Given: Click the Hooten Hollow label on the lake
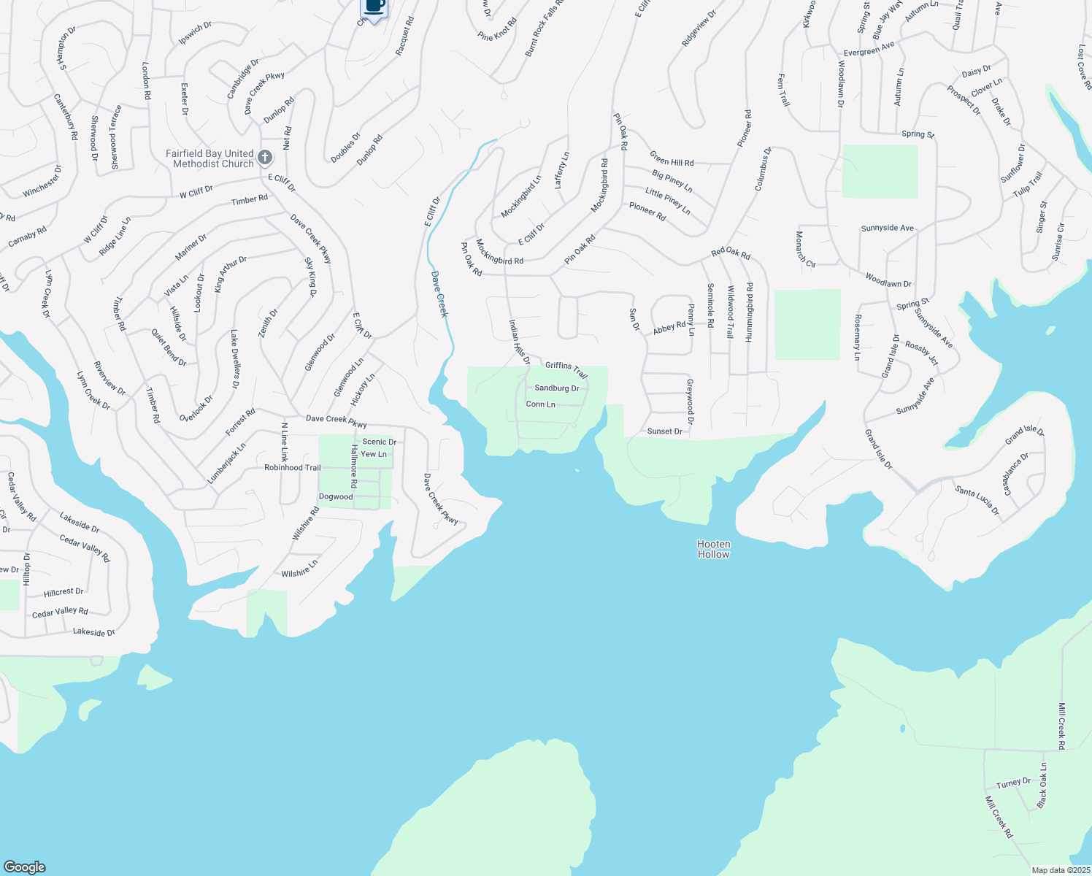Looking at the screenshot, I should point(713,549).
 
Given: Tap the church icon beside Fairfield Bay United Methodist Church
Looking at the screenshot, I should point(265,158).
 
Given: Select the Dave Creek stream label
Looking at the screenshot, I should point(439,294).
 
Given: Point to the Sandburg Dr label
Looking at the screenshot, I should point(556,388).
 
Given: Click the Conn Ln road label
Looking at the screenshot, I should point(540,404).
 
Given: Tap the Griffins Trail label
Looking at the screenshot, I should point(566,370).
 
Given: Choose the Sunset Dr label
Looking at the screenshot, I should point(664,431).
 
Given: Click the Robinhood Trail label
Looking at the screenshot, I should point(292,468).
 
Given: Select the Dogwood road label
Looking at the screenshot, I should point(336,497).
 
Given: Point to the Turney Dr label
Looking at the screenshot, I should point(1013,783).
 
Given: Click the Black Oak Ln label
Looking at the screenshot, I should point(1042,786).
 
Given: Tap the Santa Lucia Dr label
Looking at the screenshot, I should point(977,501).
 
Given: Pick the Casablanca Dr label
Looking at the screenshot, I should point(1016,474).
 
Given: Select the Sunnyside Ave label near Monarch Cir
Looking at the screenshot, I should point(887,228).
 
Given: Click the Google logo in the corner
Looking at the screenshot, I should point(24,867).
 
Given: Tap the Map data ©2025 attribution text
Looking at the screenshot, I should point(1060,870).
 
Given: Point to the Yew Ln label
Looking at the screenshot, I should point(374,454).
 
